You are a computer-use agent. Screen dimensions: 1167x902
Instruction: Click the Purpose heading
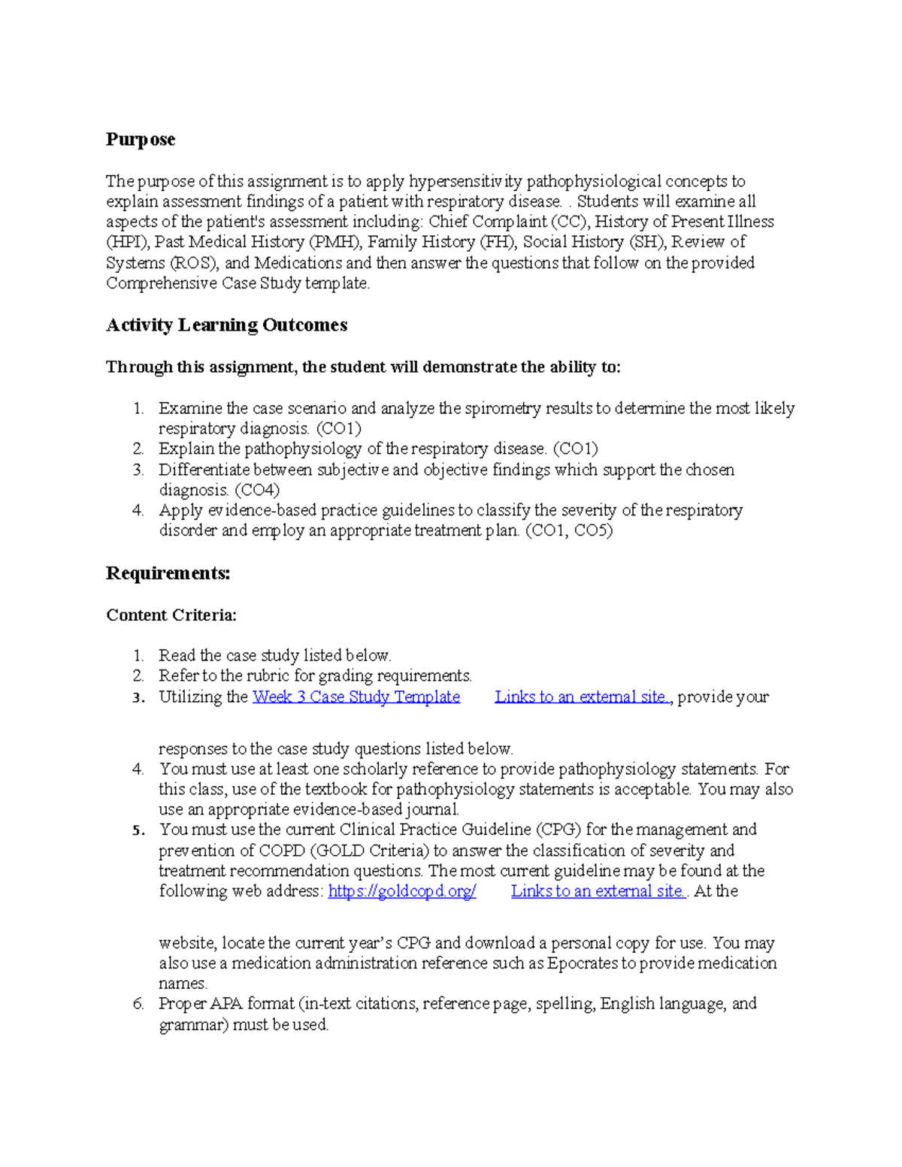141,140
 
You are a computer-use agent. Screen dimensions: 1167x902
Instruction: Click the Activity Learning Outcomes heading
226,325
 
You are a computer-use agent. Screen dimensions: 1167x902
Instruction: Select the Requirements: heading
168,573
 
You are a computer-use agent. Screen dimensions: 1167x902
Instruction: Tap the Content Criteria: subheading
171,615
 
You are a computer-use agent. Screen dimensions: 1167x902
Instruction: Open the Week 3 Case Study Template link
356,697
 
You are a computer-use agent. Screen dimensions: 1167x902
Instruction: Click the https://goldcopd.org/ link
402,891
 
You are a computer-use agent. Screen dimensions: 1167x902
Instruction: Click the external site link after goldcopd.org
598,891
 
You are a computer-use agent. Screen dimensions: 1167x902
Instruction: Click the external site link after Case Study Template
582,697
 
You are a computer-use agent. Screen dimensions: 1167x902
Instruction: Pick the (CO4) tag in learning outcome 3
257,490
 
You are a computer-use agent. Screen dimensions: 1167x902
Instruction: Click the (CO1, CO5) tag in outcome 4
569,531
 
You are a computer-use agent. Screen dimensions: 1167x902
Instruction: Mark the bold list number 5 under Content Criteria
138,830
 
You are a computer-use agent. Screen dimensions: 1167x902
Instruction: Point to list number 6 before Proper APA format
138,1004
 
